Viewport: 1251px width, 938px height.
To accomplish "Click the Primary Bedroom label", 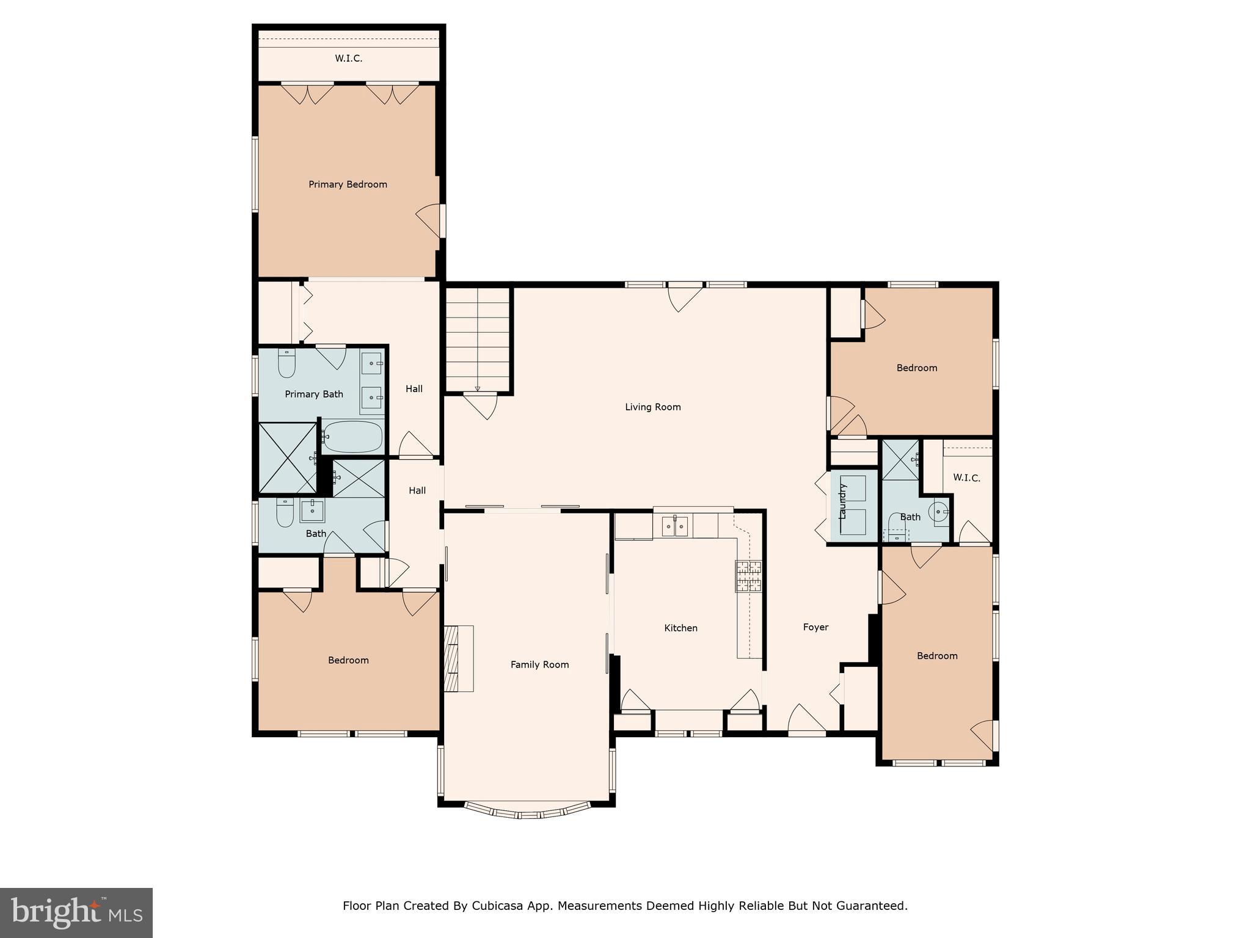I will click(x=348, y=184).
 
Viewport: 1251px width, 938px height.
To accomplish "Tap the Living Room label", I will click(x=652, y=407).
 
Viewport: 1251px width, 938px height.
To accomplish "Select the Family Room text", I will click(x=539, y=664).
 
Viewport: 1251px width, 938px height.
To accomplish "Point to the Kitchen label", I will click(x=680, y=628).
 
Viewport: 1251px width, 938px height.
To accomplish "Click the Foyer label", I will click(x=815, y=627).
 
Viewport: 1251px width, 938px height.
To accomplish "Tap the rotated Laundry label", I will click(x=843, y=501).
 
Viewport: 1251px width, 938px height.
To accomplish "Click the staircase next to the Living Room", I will click(x=478, y=339).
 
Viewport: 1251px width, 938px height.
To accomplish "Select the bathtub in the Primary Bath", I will click(x=352, y=437).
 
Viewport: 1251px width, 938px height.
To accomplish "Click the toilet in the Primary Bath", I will click(x=286, y=363).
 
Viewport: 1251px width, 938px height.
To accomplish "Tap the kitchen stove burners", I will click(x=749, y=576).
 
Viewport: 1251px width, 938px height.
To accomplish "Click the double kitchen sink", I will click(x=675, y=526).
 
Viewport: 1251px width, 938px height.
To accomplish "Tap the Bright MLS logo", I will click(x=76, y=912).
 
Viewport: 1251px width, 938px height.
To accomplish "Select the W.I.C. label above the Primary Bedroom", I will click(x=348, y=59).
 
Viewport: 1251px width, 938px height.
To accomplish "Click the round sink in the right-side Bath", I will click(x=939, y=512).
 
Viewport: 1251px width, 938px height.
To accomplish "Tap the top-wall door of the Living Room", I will click(x=684, y=297).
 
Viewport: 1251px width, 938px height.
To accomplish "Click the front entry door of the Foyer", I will click(x=806, y=721).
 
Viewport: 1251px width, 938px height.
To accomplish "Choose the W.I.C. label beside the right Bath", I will click(x=966, y=478).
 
